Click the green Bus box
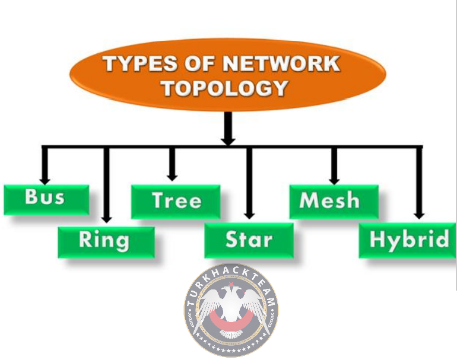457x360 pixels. [x=46, y=200]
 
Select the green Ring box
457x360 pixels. [x=106, y=243]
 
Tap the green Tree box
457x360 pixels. [x=176, y=202]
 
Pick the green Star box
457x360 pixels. [x=249, y=240]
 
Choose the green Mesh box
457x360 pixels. [x=334, y=202]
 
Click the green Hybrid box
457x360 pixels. [x=407, y=240]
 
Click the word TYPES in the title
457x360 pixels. [x=139, y=63]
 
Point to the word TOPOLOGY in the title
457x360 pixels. [x=226, y=88]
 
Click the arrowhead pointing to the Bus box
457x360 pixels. [x=45, y=181]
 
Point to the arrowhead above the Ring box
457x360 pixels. [x=106, y=219]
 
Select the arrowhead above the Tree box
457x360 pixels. [x=172, y=177]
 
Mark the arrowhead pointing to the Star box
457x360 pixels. [x=249, y=215]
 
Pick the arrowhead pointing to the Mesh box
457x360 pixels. [x=334, y=181]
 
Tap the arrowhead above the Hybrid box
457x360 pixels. [x=419, y=215]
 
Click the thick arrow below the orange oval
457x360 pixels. [x=228, y=129]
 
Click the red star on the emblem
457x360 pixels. [x=231, y=284]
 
